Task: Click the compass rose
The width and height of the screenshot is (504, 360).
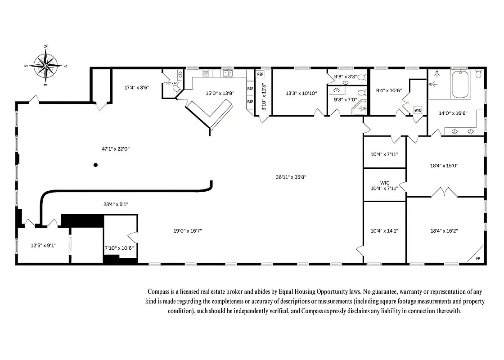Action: [46, 65]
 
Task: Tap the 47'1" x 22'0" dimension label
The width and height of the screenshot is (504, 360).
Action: [116, 148]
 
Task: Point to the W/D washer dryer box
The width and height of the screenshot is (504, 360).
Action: [418, 110]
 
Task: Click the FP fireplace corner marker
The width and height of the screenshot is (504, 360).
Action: [478, 258]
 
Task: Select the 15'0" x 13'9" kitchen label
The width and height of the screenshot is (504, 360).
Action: [213, 93]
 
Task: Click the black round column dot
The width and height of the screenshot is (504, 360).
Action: [95, 165]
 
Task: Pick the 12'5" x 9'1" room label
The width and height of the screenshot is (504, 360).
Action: [43, 246]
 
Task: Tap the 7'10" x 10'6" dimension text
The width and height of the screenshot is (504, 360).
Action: [119, 248]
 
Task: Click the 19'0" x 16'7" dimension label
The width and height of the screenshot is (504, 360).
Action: [188, 231]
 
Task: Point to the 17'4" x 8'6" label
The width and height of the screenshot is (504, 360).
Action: [137, 88]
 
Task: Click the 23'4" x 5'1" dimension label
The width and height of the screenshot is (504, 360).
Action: [116, 204]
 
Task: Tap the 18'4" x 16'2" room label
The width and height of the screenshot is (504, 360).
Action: [444, 230]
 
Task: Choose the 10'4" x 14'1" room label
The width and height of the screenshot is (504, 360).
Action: [384, 230]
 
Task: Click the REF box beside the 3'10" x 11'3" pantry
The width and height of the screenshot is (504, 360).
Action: [260, 74]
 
